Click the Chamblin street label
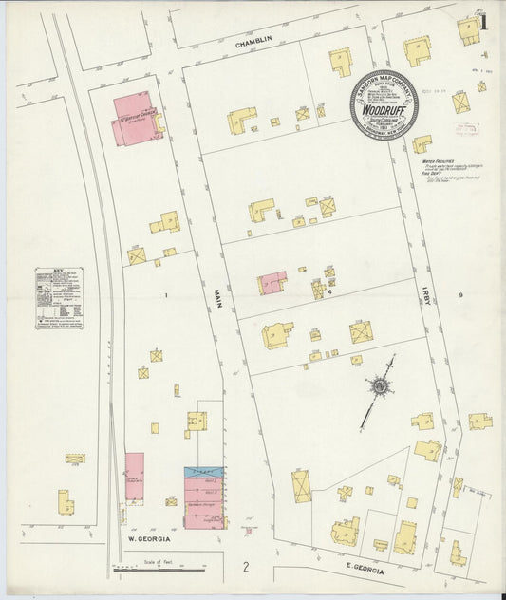(254, 44)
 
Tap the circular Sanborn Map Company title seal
(383, 105)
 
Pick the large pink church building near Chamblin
(137, 119)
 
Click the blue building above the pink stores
(203, 471)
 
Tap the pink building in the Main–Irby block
(273, 282)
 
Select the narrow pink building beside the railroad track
(135, 477)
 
